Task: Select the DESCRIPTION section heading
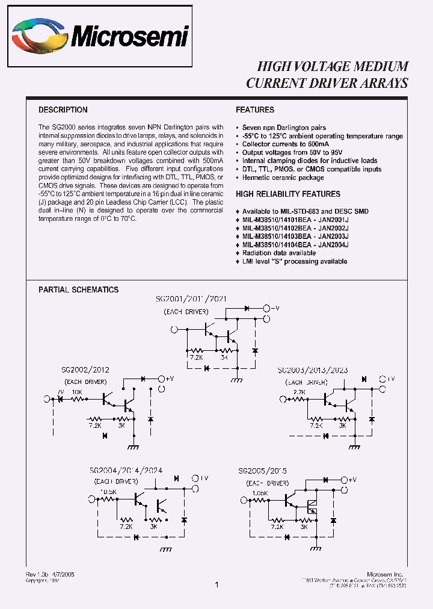pos(63,110)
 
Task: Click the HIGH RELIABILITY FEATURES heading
pos(288,194)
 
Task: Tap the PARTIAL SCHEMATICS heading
pos(79,289)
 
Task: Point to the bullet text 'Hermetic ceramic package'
pos(283,178)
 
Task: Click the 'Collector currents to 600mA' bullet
pos(286,144)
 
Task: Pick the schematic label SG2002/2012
pos(85,369)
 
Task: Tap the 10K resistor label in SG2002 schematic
pos(77,392)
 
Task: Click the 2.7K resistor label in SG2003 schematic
pos(299,392)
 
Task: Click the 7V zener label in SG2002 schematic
pos(60,392)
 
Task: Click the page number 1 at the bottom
pos(216,584)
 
